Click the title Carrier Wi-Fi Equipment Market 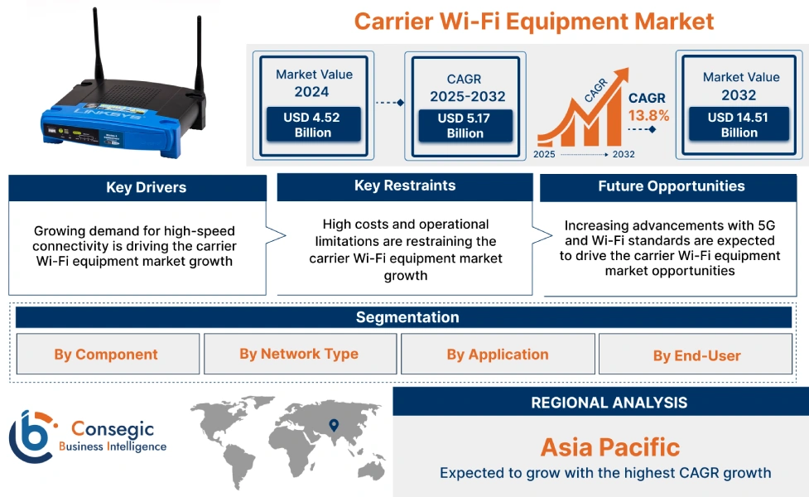click(533, 20)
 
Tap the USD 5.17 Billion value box click(465, 126)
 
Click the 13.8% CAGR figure click(648, 116)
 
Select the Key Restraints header click(404, 186)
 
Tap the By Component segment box click(106, 355)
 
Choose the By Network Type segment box click(299, 354)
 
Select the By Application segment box click(497, 355)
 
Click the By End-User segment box click(696, 355)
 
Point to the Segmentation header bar click(407, 317)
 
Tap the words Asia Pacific click(609, 447)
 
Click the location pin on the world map click(334, 426)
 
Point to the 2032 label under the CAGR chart click(623, 154)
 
